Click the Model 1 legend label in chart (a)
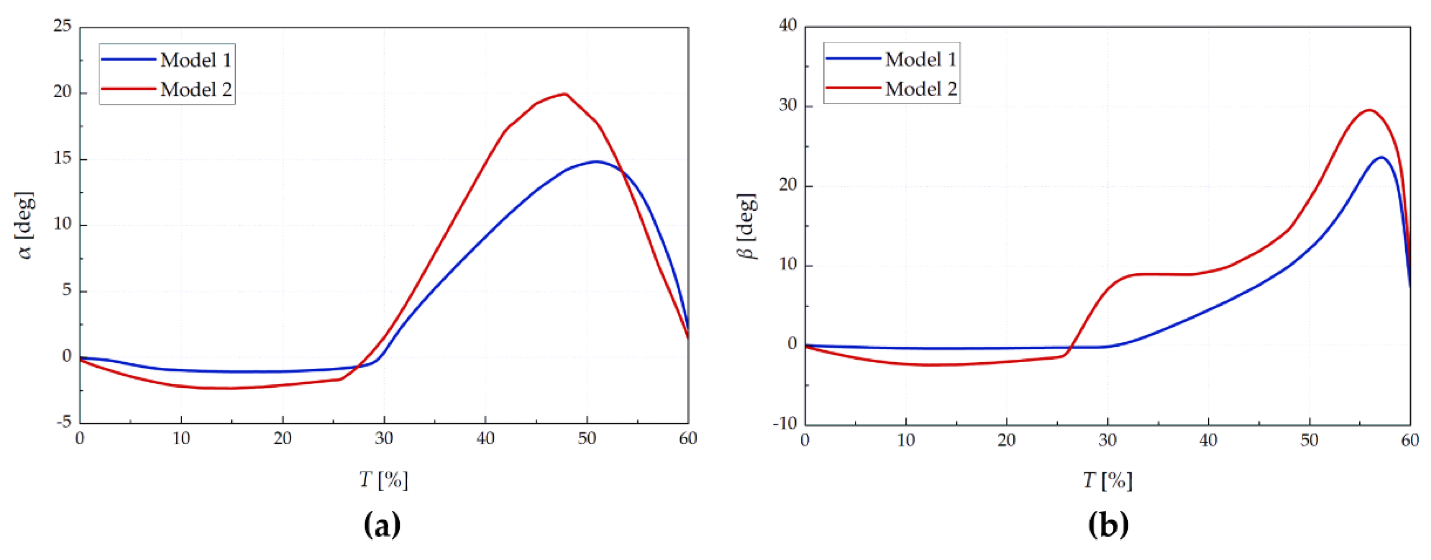tap(196, 60)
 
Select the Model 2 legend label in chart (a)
tap(196, 89)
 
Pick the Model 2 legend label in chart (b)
tap(920, 89)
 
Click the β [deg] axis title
tap(748, 226)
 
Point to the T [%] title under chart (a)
tap(383, 479)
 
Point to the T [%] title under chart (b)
tap(1107, 480)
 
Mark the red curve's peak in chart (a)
tap(565, 94)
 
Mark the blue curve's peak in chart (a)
tap(596, 161)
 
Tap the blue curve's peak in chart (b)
tap(1381, 157)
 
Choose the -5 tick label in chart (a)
tap(63, 422)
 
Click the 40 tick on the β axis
tap(788, 25)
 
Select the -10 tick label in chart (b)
tap(784, 423)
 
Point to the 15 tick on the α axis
tap(63, 158)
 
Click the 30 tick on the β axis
tap(788, 105)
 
